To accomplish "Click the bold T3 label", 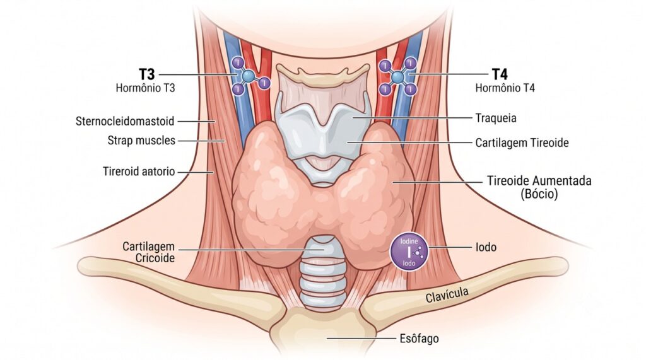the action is pyautogui.click(x=146, y=74).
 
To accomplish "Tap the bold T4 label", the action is pyautogui.click(x=500, y=74).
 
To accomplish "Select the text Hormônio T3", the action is pyautogui.click(x=145, y=88).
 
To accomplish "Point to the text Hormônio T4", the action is pyautogui.click(x=505, y=88).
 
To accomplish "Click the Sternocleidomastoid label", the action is pyautogui.click(x=125, y=121).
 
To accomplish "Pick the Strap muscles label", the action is pyautogui.click(x=141, y=141).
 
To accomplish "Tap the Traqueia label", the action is pyautogui.click(x=496, y=119).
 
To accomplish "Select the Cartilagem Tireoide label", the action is pyautogui.click(x=522, y=143).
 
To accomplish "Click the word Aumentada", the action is pyautogui.click(x=562, y=180).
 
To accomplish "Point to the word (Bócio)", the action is pyautogui.click(x=539, y=194).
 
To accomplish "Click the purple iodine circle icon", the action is pyautogui.click(x=409, y=252).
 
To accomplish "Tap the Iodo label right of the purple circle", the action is pyautogui.click(x=486, y=247).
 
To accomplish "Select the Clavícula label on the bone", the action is pyautogui.click(x=447, y=295).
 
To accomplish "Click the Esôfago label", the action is pyautogui.click(x=419, y=339).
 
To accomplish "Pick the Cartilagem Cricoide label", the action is pyautogui.click(x=149, y=252).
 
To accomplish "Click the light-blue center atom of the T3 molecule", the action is pyautogui.click(x=248, y=76).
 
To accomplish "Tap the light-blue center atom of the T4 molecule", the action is pyautogui.click(x=397, y=77).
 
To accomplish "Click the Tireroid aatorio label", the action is pyautogui.click(x=139, y=171).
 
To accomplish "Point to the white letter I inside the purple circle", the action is pyautogui.click(x=409, y=252).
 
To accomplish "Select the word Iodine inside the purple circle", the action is pyautogui.click(x=409, y=241).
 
